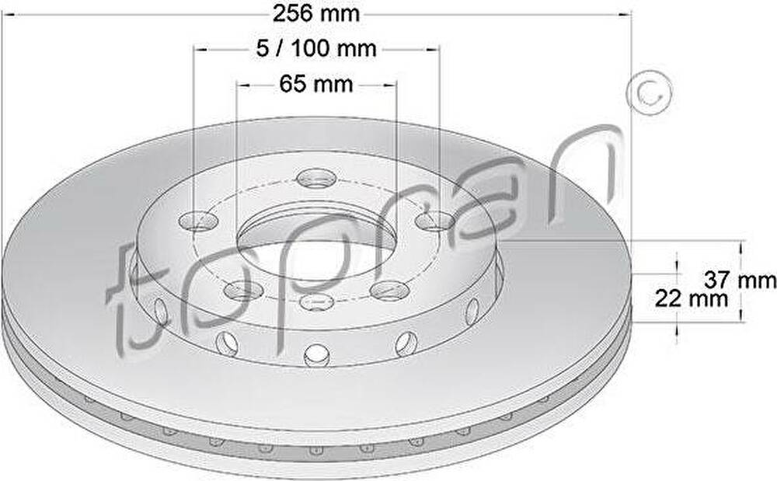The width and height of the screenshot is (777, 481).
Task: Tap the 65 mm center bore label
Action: point(316,84)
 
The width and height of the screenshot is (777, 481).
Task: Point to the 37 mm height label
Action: point(740,281)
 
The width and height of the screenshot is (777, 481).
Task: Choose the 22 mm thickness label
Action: point(692,298)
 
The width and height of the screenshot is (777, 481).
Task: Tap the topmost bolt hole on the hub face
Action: point(317,178)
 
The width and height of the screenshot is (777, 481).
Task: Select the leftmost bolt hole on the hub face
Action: point(199,221)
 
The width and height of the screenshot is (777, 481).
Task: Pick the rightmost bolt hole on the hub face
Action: point(435,221)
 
